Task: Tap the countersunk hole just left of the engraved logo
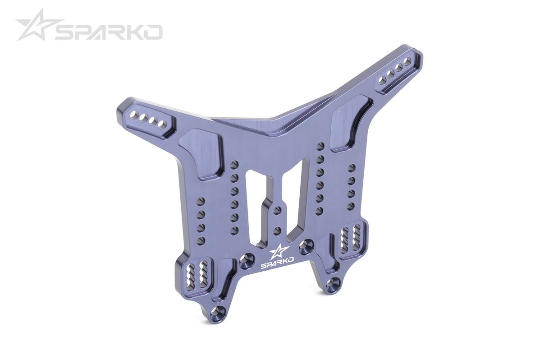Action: [247, 261]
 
